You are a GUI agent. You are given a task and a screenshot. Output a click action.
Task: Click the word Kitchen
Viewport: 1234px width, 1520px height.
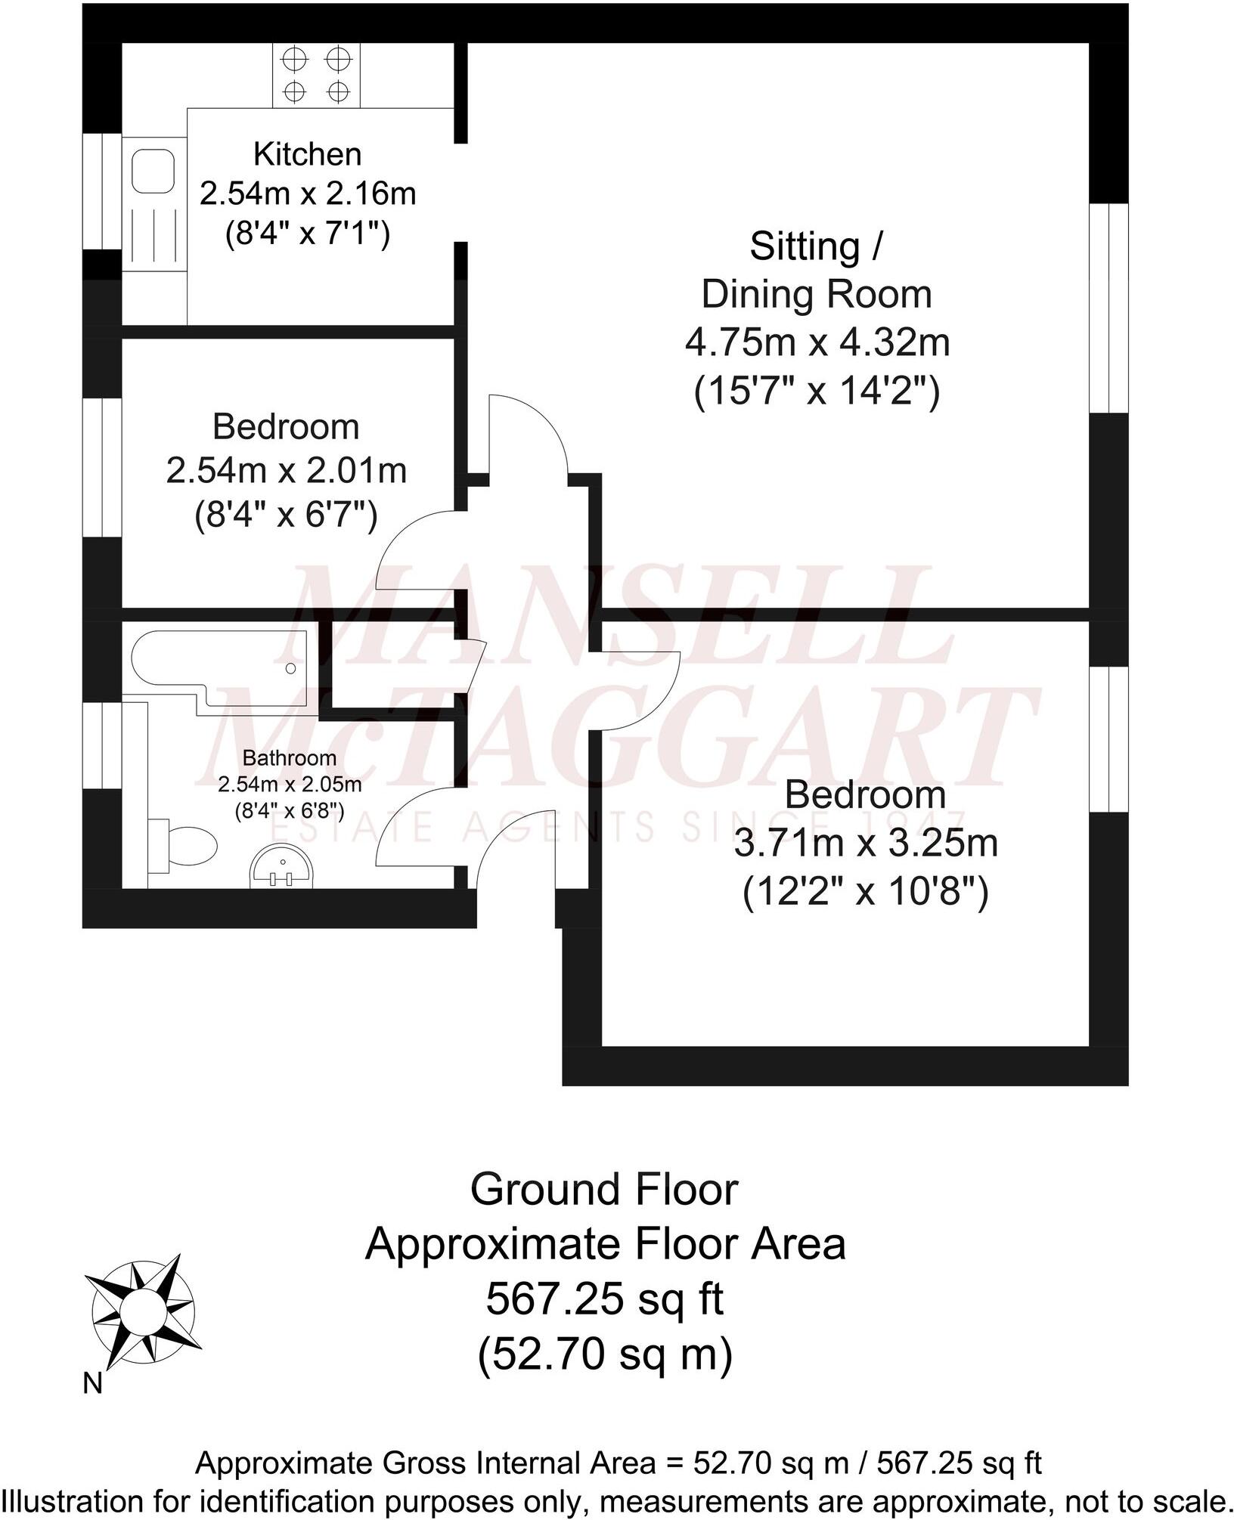coord(307,154)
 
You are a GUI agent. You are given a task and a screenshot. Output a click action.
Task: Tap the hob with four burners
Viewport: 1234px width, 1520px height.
coord(317,75)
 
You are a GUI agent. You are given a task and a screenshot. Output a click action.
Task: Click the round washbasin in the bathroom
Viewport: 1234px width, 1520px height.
coord(281,866)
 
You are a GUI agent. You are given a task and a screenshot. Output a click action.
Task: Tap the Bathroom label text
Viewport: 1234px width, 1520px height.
coord(289,757)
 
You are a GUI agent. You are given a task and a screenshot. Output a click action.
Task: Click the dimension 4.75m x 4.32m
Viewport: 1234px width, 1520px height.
coord(817,342)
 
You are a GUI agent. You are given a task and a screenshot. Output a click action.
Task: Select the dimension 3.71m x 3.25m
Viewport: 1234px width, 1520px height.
coord(866,844)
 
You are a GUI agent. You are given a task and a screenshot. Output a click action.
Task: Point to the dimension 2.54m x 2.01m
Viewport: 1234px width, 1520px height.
coord(286,471)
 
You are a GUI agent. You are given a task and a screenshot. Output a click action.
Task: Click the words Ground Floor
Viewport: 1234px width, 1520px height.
coord(603,1190)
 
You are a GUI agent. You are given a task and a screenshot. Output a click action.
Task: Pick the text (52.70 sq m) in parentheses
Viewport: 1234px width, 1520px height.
coord(604,1354)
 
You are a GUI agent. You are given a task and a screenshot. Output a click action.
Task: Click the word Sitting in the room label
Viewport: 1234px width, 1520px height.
coord(805,246)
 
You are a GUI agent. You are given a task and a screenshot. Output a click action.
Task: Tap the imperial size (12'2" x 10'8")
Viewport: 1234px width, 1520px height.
coord(866,893)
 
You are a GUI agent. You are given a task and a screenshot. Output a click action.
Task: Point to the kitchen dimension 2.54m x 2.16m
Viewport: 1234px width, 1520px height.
coord(307,193)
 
